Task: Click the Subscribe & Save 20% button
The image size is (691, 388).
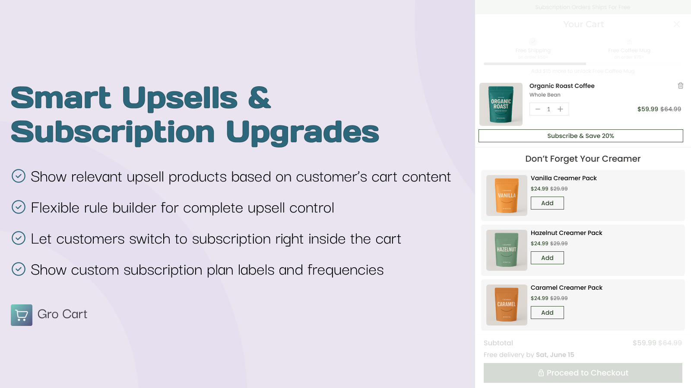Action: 580,136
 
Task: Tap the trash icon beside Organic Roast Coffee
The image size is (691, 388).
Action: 681,86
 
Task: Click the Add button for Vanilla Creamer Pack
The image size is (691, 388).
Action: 547,203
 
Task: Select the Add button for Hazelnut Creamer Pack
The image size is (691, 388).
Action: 547,258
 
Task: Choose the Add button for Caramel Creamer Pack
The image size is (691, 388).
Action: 547,313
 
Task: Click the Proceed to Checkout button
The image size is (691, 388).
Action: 583,373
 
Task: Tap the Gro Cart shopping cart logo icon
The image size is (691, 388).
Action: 22,315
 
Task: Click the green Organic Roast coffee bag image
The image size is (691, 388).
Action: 501,104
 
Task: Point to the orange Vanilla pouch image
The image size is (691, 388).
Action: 507,195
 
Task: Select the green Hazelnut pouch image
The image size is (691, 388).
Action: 507,250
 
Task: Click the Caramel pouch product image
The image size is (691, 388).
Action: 507,305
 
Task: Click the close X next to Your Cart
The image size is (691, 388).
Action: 677,24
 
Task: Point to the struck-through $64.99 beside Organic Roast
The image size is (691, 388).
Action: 671,109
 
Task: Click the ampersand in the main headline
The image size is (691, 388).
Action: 260,97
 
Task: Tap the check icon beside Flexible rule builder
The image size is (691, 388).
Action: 19,207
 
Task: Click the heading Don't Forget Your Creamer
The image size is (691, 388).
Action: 583,159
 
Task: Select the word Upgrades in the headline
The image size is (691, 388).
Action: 302,132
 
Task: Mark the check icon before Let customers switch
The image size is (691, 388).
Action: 19,238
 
